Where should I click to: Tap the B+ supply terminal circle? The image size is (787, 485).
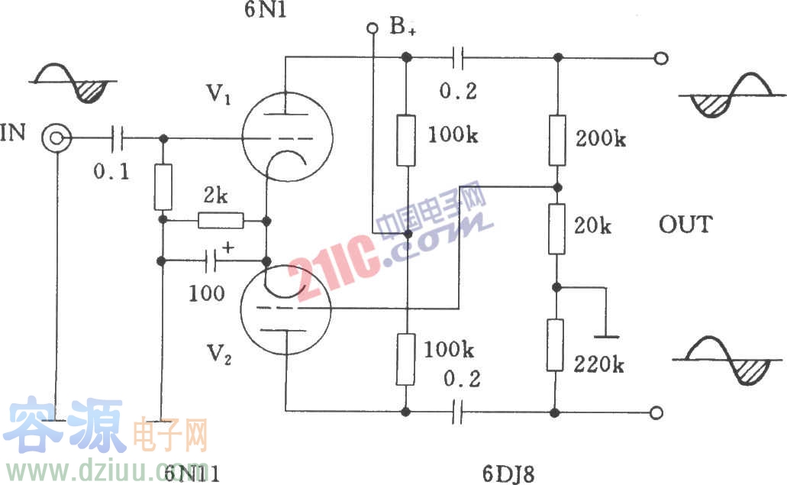(373, 29)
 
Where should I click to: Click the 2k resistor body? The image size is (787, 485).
(221, 221)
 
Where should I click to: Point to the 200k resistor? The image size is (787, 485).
(557, 141)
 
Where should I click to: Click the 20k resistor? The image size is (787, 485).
(557, 228)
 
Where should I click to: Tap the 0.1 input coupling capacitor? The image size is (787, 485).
(117, 138)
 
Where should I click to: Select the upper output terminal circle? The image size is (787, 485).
(662, 58)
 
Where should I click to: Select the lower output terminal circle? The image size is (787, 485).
(656, 412)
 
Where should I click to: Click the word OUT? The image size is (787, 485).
(685, 225)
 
